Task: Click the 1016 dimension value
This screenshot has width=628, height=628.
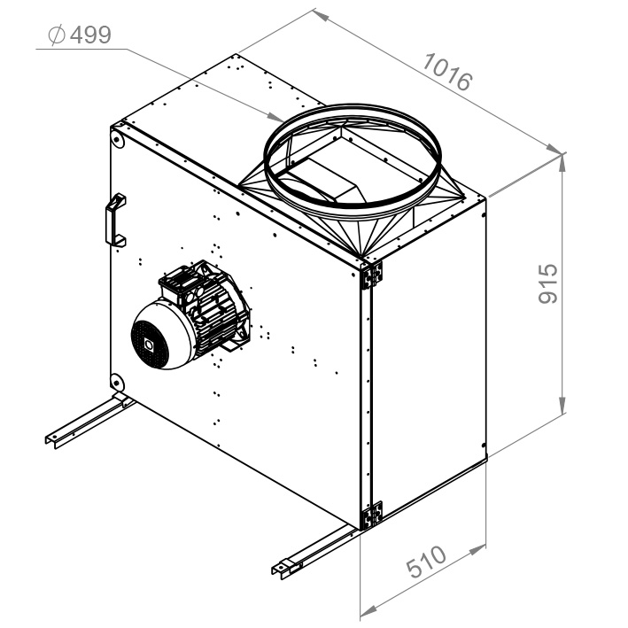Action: [448, 72]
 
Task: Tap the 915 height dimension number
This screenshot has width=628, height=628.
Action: [547, 283]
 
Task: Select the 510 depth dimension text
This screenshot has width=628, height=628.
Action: [426, 561]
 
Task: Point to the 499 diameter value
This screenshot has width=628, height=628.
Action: [90, 35]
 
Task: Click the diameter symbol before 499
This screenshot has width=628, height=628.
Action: [57, 35]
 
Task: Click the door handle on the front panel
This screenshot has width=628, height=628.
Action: [115, 221]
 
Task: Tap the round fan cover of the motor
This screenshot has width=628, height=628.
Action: [160, 336]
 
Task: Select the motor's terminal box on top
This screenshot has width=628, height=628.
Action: [180, 281]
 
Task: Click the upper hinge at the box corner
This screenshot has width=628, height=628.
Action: [372, 275]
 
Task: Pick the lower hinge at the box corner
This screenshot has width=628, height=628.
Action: [372, 515]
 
